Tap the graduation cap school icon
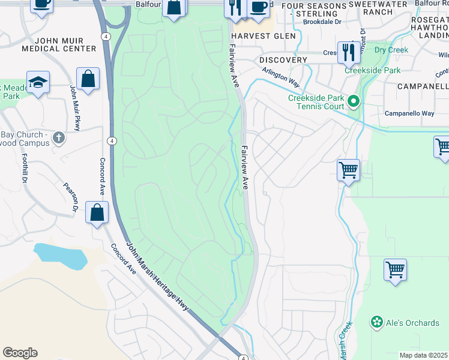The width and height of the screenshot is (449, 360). click(x=38, y=82)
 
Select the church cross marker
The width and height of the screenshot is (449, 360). click(x=58, y=138)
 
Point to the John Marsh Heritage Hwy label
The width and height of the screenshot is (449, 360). click(x=158, y=277)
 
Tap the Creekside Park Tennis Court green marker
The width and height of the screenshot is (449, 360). click(x=354, y=103)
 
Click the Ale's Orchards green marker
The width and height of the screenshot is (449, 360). click(x=377, y=323)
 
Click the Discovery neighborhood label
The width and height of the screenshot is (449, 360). click(x=283, y=61)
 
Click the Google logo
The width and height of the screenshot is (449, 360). click(x=20, y=353)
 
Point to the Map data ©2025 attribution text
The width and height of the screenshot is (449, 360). click(x=424, y=355)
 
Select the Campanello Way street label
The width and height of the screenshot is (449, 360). click(x=409, y=113)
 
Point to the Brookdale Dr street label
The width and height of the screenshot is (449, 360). click(x=322, y=21)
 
